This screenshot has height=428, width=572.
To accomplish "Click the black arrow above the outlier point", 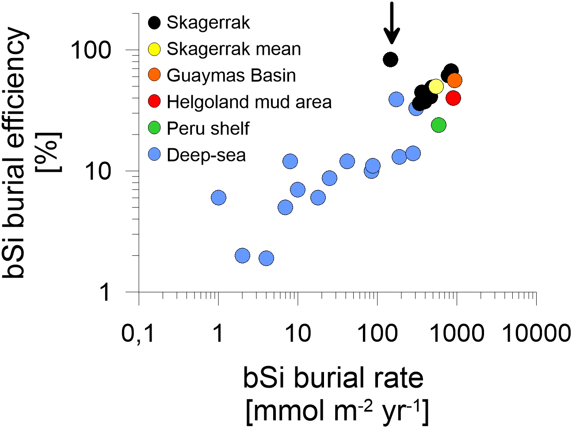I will pyautogui.click(x=391, y=23).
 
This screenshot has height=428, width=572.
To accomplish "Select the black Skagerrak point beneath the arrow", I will pyautogui.click(x=390, y=59).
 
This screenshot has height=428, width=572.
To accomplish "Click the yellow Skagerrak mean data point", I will pyautogui.click(x=436, y=86).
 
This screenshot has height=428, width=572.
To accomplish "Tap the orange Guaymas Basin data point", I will pyautogui.click(x=454, y=80).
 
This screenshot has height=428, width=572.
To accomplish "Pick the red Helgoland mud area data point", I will pyautogui.click(x=453, y=98).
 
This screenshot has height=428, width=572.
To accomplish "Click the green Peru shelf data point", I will pyautogui.click(x=438, y=125).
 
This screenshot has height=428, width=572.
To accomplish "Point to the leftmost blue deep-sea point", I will pyautogui.click(x=218, y=198).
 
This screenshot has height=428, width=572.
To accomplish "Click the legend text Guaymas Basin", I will pyautogui.click(x=231, y=75).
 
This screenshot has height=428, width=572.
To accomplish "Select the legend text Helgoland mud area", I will pyautogui.click(x=249, y=102).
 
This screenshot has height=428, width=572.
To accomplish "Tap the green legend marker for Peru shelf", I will pyautogui.click(x=154, y=128).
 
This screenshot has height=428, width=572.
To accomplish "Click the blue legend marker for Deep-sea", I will pyautogui.click(x=154, y=155).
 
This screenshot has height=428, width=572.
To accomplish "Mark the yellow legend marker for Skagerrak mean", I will pyautogui.click(x=154, y=49).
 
